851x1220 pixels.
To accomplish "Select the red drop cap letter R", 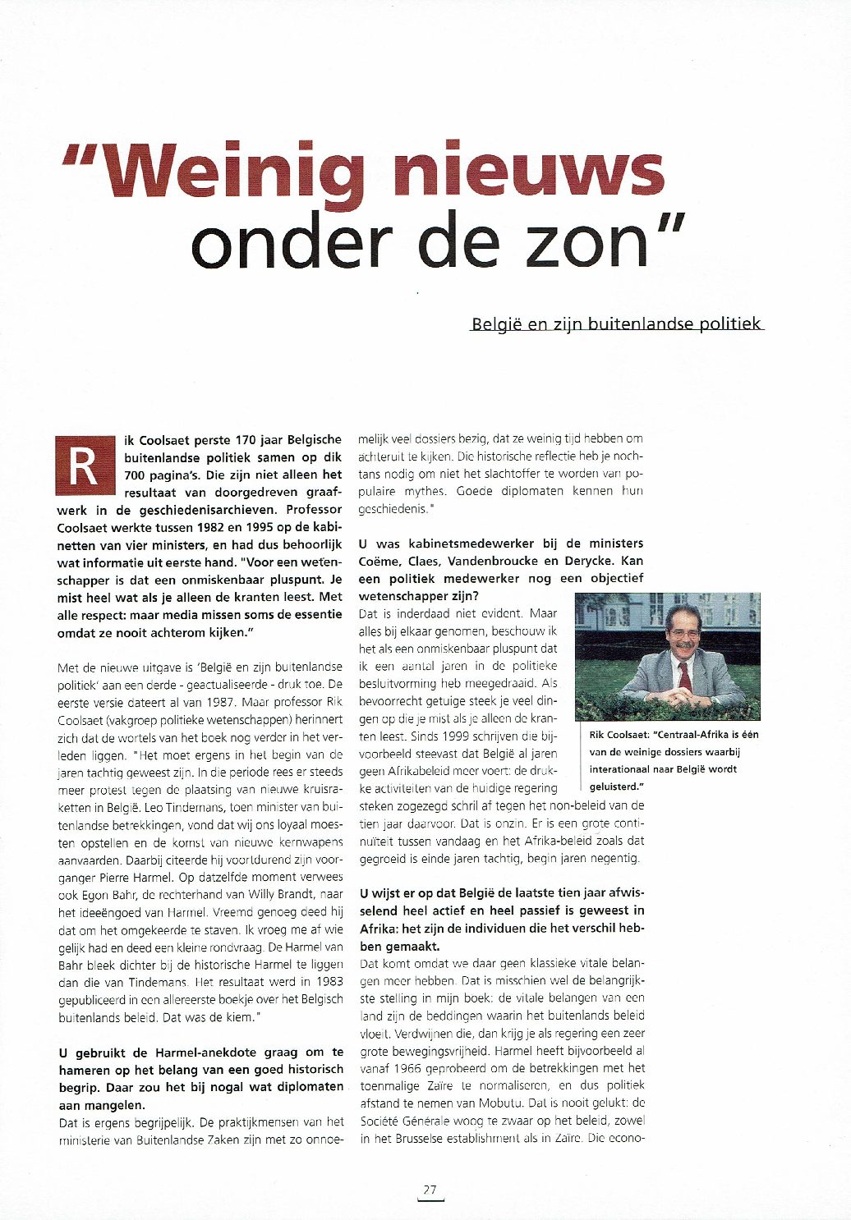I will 85,466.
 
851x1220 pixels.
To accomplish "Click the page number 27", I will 430,1190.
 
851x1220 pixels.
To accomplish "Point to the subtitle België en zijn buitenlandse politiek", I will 616,323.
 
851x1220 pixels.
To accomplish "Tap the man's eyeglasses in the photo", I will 683,634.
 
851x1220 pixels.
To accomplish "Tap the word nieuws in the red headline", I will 527,170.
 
